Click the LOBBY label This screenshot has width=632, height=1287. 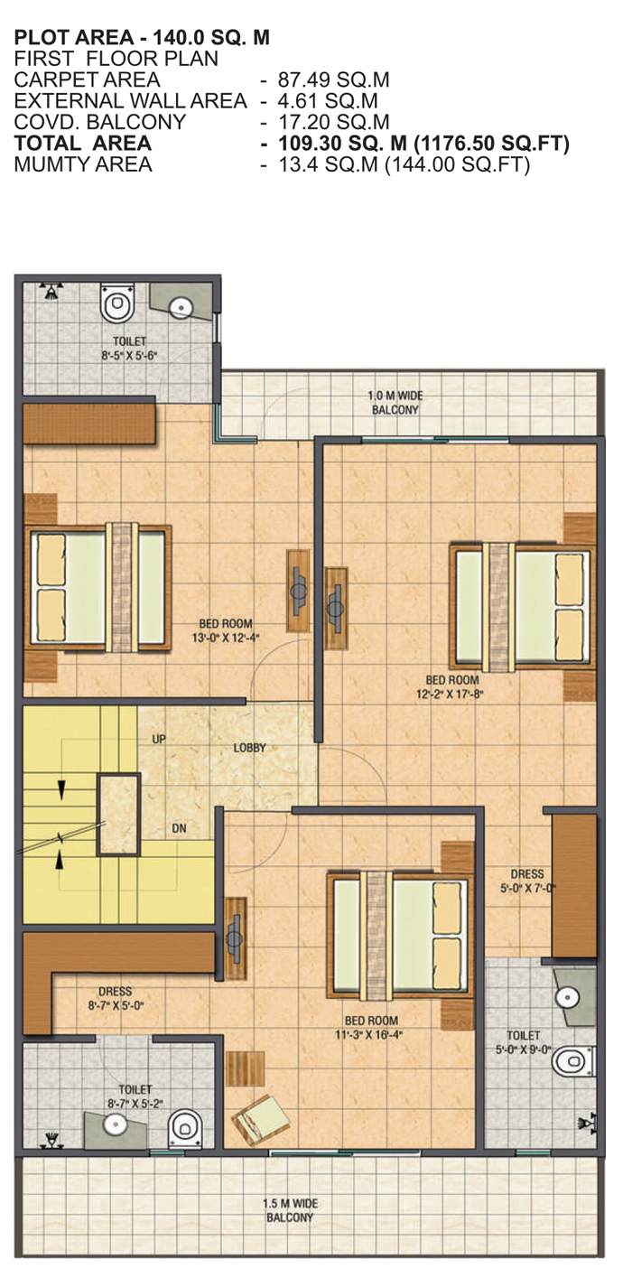(249, 748)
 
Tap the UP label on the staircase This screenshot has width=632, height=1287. (159, 739)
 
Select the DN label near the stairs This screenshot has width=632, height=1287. (180, 828)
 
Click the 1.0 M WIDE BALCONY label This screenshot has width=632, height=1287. (395, 403)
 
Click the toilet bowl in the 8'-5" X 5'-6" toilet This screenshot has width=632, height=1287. (117, 302)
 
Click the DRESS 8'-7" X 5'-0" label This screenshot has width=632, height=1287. (116, 998)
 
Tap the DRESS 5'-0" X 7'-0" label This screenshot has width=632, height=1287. (527, 881)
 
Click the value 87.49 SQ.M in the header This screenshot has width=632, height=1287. (334, 79)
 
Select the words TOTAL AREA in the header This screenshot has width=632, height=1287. (83, 143)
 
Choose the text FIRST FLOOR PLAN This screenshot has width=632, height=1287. (116, 59)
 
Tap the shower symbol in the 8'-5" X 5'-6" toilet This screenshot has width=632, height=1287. (51, 291)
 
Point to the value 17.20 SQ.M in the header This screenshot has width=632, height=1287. (334, 122)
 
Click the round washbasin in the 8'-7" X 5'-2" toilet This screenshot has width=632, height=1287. (115, 1123)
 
